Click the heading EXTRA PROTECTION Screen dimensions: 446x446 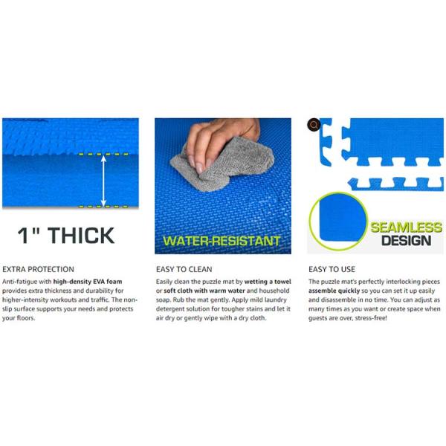click(38, 269)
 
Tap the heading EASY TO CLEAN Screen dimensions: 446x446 click(184, 269)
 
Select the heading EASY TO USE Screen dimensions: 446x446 click(332, 269)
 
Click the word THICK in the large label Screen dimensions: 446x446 click(81, 236)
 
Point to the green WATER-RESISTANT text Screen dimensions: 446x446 click(222, 241)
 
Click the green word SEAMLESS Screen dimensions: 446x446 click(407, 227)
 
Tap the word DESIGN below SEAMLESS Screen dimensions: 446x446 click(406, 241)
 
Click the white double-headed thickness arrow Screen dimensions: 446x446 click(103, 181)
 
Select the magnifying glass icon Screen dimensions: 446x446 click(314, 125)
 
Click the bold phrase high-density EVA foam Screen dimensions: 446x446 click(88, 282)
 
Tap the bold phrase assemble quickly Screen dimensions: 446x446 click(334, 291)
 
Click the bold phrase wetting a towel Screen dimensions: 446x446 click(268, 282)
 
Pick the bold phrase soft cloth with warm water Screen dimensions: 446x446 click(204, 291)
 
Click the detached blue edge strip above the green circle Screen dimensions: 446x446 click(396, 184)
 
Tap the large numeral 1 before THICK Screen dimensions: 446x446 click(23, 236)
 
